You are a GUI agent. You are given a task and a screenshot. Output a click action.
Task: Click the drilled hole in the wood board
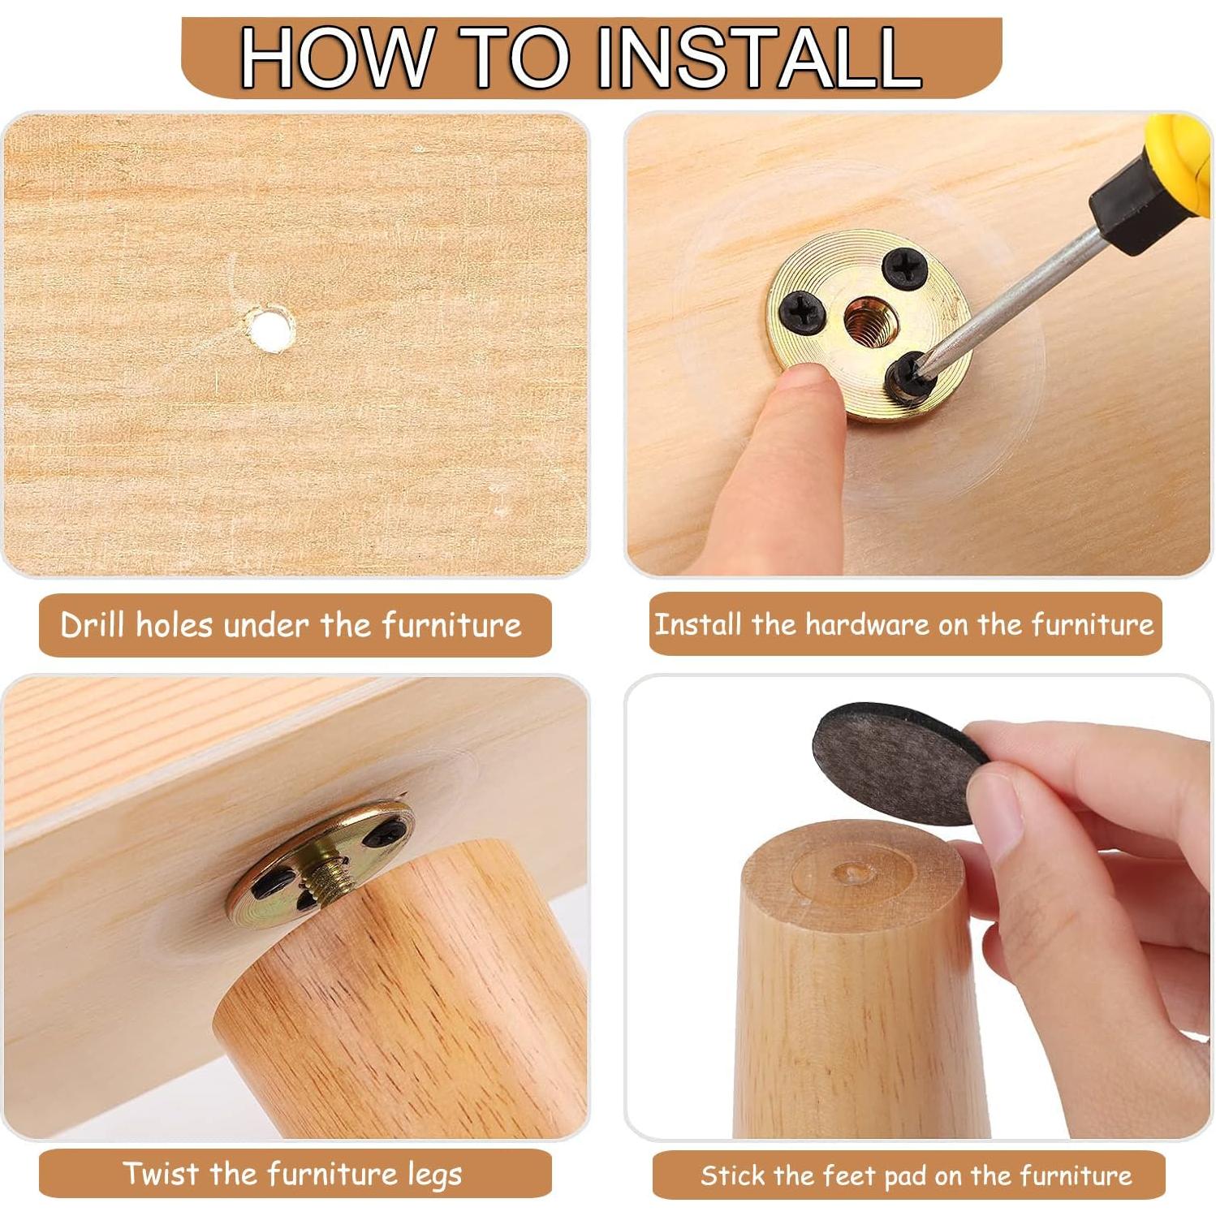(x=270, y=328)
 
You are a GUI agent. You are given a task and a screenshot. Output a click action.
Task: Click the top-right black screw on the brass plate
(x=903, y=269)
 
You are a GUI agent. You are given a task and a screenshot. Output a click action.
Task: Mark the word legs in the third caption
(x=434, y=1175)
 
